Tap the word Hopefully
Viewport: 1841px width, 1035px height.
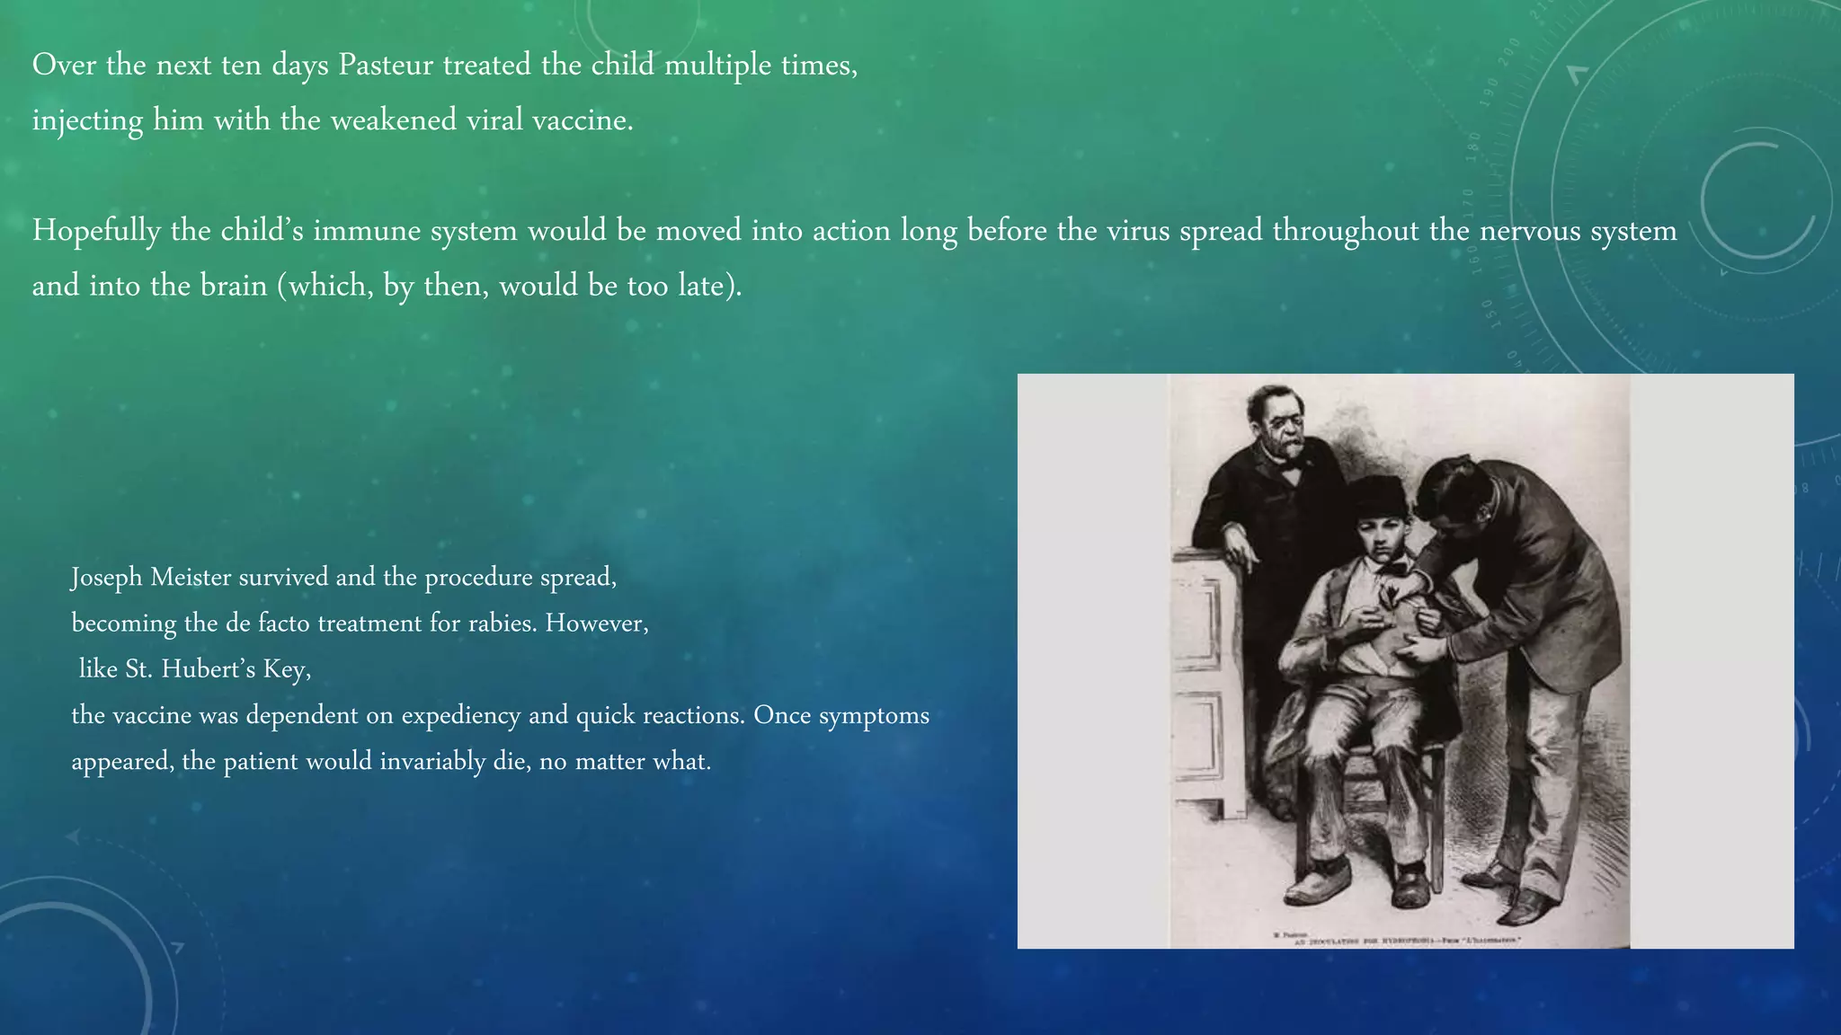[96, 231]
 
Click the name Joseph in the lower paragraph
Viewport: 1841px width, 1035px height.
[107, 577]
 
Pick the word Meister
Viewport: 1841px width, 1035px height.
[191, 577]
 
